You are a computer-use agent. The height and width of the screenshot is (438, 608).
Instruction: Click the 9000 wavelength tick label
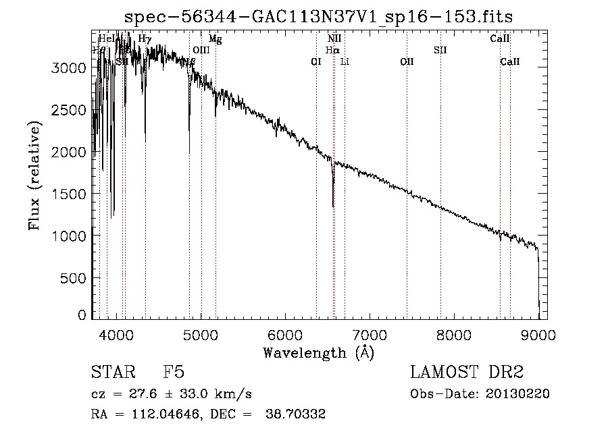pos(538,333)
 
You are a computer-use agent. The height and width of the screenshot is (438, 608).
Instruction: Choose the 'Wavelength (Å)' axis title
pos(318,352)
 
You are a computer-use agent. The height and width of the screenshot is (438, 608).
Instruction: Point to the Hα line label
pos(332,50)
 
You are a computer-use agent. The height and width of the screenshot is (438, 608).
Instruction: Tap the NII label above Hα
pos(334,39)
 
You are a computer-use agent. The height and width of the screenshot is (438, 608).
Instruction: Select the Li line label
pos(345,61)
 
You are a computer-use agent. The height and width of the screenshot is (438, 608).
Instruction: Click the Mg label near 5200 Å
pos(215,39)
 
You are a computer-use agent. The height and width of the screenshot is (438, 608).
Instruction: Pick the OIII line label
pos(201,50)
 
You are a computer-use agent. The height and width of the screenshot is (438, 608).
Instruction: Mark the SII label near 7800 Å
pos(440,50)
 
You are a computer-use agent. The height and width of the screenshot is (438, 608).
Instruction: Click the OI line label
pos(315,61)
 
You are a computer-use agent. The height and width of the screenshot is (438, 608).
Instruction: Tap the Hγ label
pos(145,39)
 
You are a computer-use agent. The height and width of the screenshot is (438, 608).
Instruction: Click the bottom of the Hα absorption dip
pos(333,206)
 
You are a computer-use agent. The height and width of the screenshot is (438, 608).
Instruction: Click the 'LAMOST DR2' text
pos(467,373)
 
